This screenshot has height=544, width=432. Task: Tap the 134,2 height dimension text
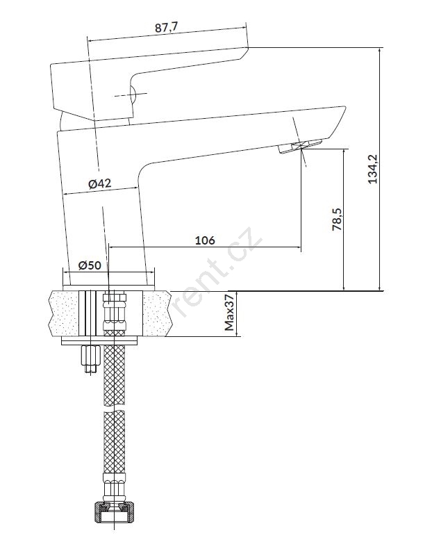tap(374, 169)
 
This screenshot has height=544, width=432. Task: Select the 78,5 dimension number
tap(337, 220)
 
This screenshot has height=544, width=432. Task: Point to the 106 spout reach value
tap(205, 240)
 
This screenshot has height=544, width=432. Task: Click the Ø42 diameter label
tap(100, 183)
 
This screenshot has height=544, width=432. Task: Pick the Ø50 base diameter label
tap(90, 265)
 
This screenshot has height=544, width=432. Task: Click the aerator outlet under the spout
tap(300, 146)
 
